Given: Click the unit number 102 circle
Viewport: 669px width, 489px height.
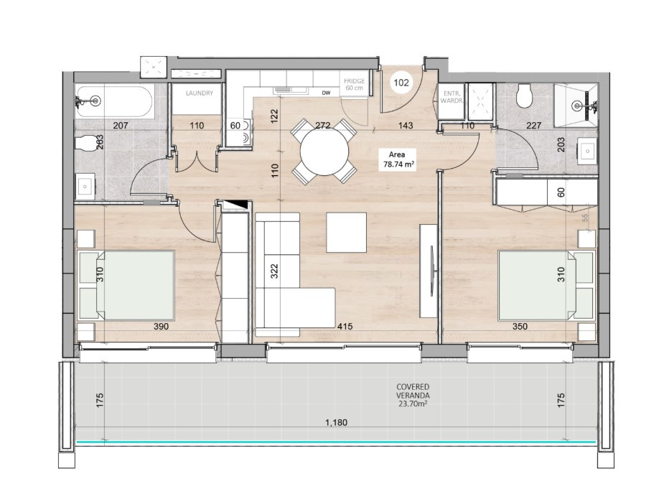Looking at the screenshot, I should [x=401, y=83].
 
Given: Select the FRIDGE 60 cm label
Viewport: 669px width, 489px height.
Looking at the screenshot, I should [x=354, y=85].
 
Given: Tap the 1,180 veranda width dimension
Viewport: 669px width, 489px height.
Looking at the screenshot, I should [x=335, y=423].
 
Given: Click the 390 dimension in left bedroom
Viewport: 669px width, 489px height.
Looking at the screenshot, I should [x=160, y=327].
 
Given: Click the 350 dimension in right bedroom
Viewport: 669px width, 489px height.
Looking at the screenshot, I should [x=520, y=327].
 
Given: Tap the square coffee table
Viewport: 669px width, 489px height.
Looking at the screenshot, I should [x=346, y=233].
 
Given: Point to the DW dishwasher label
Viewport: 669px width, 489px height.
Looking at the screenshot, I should [x=326, y=93].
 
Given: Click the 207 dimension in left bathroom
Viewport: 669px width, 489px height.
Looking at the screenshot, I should [x=121, y=126].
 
